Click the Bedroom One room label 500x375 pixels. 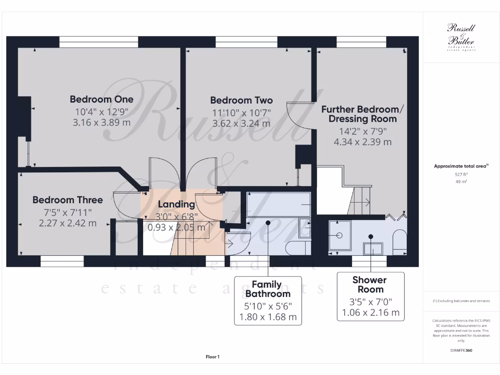tap(102, 100)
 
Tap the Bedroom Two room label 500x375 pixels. tap(241, 100)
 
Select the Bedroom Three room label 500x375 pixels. tap(67, 200)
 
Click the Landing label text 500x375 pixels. tap(176, 204)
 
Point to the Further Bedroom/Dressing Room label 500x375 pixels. tap(362, 114)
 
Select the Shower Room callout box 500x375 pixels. tap(371, 296)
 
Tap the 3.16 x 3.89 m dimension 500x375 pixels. tap(102, 123)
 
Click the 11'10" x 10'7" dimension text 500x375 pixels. tap(241, 113)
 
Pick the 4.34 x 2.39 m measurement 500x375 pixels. tap(362, 142)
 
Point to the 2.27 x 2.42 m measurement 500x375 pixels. tap(67, 223)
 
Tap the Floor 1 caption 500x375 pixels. tap(212, 357)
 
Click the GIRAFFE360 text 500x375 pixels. tap(461, 350)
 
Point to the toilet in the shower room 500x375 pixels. tap(399, 243)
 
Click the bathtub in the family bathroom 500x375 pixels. tap(279, 204)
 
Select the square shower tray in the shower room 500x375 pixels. tap(339, 235)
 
